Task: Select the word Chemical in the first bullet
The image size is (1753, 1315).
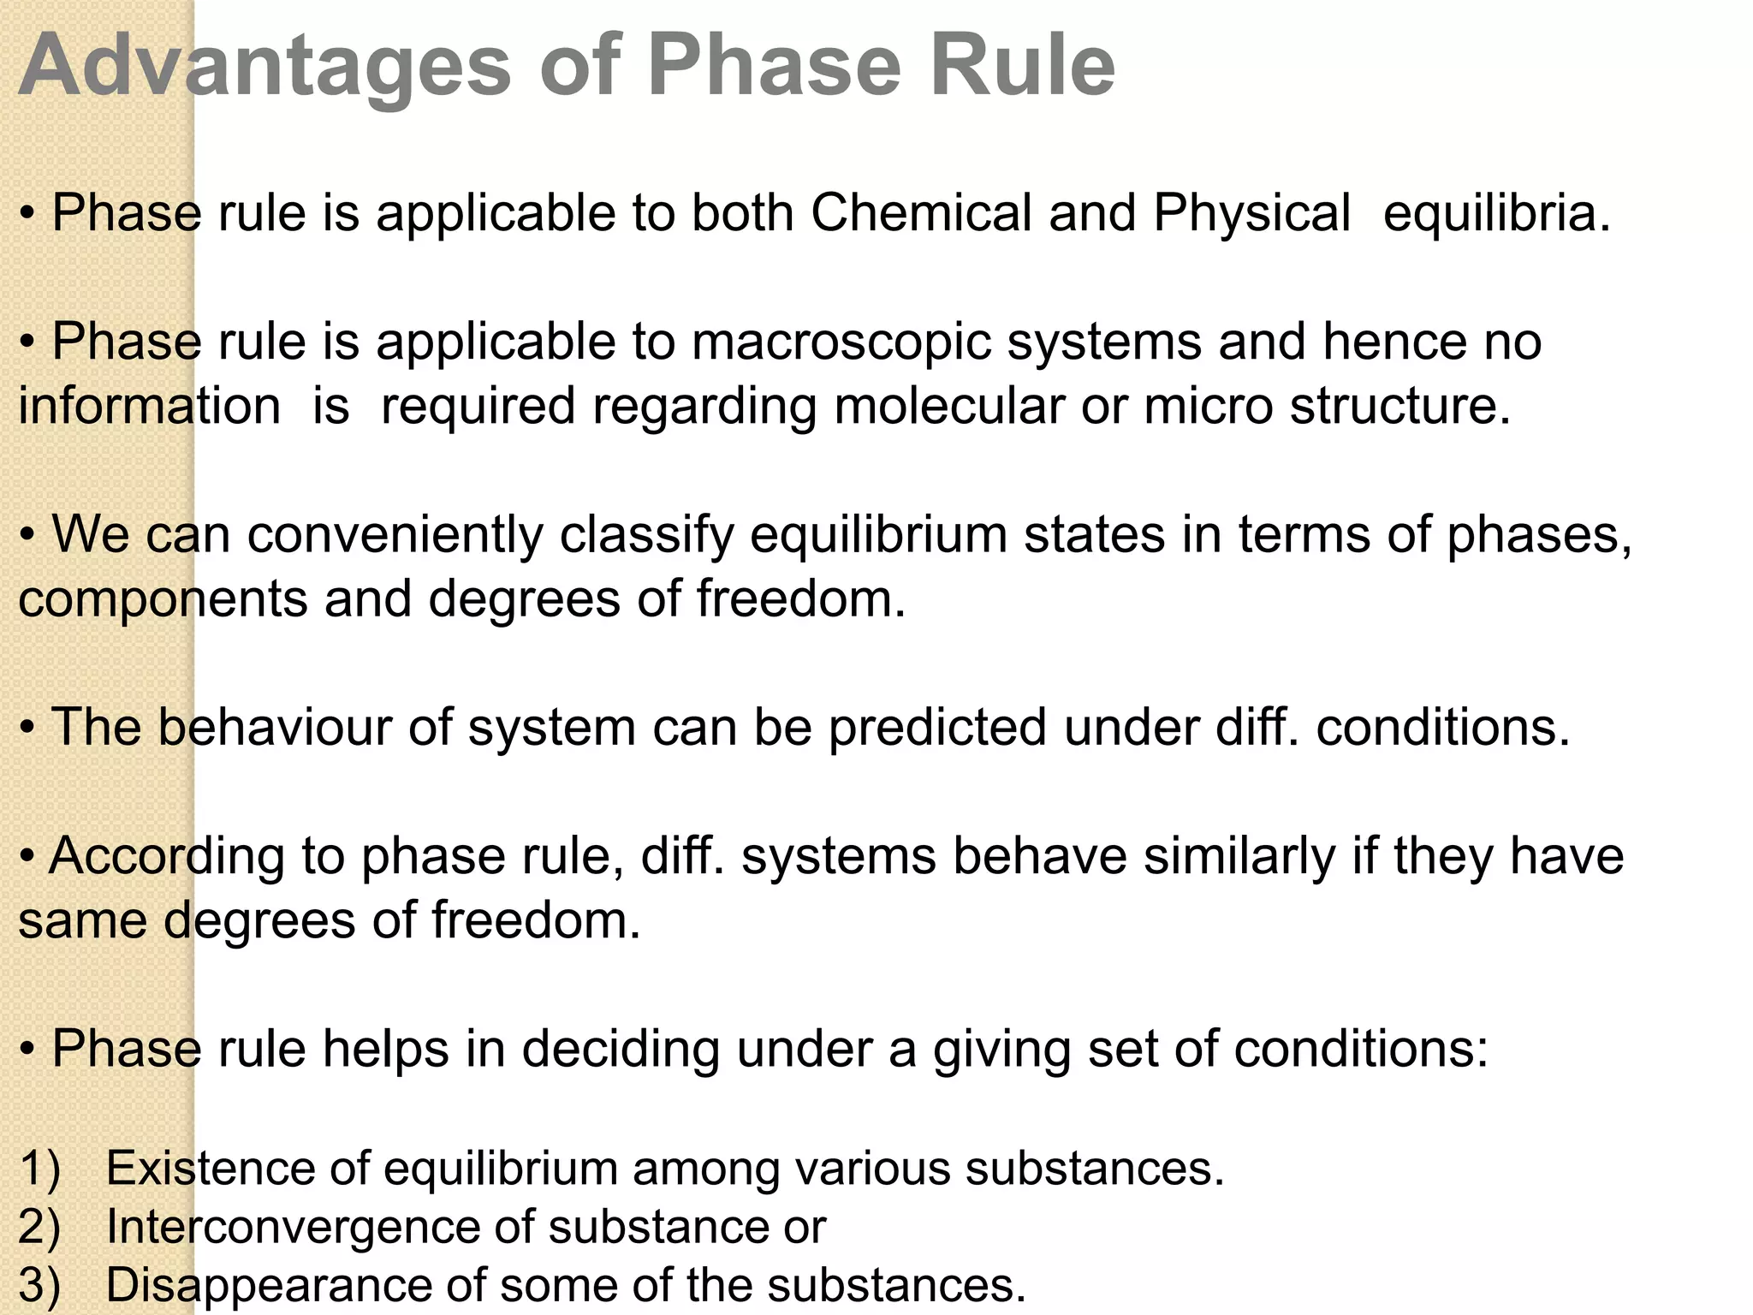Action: point(921,212)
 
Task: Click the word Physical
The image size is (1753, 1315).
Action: point(1251,214)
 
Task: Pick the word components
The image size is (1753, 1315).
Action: point(163,600)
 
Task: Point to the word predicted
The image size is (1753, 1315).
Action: point(937,729)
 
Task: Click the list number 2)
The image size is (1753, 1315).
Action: point(39,1228)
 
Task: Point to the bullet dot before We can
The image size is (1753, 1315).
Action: point(28,537)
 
